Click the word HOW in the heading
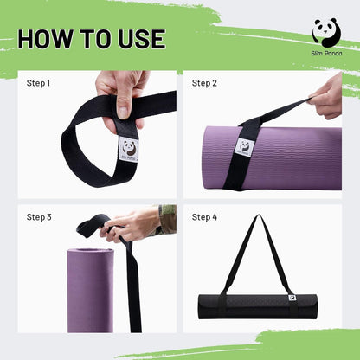click(x=45, y=39)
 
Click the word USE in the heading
click(x=142, y=39)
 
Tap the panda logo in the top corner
click(x=326, y=32)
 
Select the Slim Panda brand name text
click(x=326, y=54)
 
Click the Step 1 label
click(x=38, y=83)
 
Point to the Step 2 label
click(x=204, y=83)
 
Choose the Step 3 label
click(x=39, y=217)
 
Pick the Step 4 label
click(x=204, y=217)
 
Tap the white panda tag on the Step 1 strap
click(x=130, y=149)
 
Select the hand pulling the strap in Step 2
click(x=327, y=98)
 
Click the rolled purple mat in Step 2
click(x=273, y=158)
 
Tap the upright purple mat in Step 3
click(x=90, y=290)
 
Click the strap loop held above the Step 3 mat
click(x=89, y=223)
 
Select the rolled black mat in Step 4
click(x=258, y=306)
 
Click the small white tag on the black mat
click(x=291, y=298)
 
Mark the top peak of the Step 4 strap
click(x=259, y=215)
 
